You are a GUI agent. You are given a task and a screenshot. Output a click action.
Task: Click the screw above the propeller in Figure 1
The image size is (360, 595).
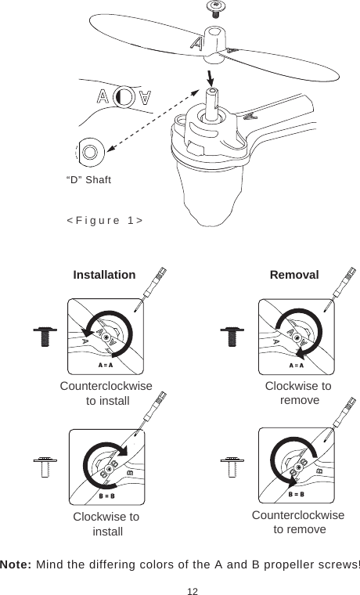[x=212, y=8]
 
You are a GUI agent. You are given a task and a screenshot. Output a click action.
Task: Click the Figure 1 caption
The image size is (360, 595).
[x=104, y=221]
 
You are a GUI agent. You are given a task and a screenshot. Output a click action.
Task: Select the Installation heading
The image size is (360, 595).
[x=104, y=276]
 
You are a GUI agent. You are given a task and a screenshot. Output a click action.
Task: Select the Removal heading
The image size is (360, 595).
[x=294, y=276]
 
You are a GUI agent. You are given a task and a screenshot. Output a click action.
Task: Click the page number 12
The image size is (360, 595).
[x=180, y=587]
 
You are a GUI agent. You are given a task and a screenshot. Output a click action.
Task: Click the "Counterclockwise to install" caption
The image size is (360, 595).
[x=106, y=393]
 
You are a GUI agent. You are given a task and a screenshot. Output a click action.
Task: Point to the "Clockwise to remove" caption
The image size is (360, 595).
[x=298, y=393]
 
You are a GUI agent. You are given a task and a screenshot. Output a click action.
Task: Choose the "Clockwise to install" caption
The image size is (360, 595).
[x=106, y=524]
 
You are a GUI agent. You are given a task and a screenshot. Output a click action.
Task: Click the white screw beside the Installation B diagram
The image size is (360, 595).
[x=44, y=467]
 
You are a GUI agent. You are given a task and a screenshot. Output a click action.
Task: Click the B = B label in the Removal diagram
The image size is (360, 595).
[x=296, y=494]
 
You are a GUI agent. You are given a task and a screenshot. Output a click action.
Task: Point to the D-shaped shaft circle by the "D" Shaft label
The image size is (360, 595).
[x=90, y=150]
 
